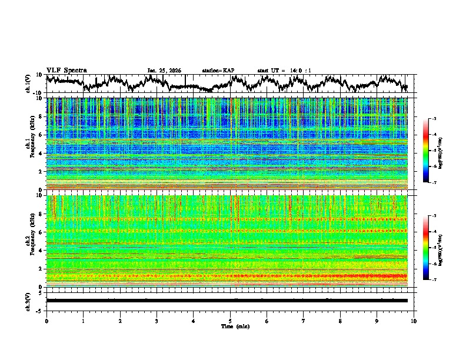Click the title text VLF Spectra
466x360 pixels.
coord(66,70)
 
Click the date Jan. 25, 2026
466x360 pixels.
coord(164,71)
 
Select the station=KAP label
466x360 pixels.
coord(218,71)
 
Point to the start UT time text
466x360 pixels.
coord(284,71)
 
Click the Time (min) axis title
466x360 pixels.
coord(235,326)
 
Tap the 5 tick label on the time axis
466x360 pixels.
coord(231,320)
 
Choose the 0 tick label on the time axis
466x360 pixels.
coord(46,320)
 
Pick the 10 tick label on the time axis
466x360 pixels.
coord(414,320)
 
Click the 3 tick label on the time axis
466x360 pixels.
coord(157,320)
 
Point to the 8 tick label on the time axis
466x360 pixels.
coord(341,320)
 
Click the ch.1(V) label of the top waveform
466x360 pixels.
coord(28,84)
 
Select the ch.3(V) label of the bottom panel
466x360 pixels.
coord(28,301)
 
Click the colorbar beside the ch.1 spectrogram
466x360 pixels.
coord(426,151)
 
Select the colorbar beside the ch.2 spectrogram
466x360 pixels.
coord(426,248)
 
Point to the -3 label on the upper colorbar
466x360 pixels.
coord(433,119)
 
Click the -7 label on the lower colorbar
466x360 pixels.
coord(433,280)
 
